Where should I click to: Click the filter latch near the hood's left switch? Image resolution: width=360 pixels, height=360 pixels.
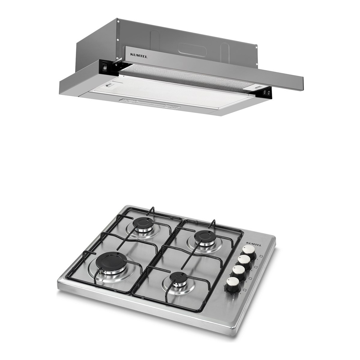click(x=109, y=85)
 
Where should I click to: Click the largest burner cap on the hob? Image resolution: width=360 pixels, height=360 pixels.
click(x=111, y=260)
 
